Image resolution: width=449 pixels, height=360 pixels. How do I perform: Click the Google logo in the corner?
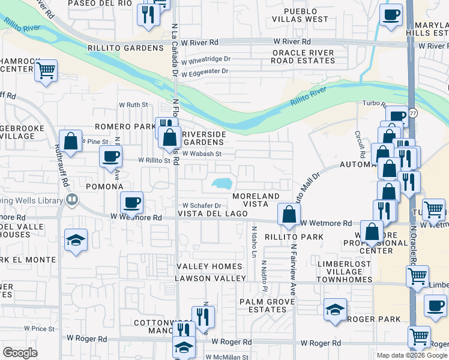pyautogui.click(x=20, y=353)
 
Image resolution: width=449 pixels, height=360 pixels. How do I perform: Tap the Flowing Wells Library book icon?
pyautogui.click(x=71, y=200)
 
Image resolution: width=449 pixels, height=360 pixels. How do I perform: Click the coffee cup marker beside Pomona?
pyautogui.click(x=111, y=158)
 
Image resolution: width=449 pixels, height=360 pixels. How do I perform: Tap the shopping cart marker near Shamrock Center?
pyautogui.click(x=46, y=71)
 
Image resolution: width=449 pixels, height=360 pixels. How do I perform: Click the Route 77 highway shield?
pyautogui.click(x=413, y=113)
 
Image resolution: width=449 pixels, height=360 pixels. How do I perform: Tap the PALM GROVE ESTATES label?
pyautogui.click(x=263, y=305)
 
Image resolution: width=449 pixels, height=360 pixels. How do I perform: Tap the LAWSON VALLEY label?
pyautogui.click(x=210, y=278)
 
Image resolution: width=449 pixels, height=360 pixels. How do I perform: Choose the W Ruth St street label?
pyautogui.click(x=133, y=104)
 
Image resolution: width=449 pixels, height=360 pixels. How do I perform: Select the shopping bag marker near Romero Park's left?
pyautogui.click(x=71, y=142)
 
